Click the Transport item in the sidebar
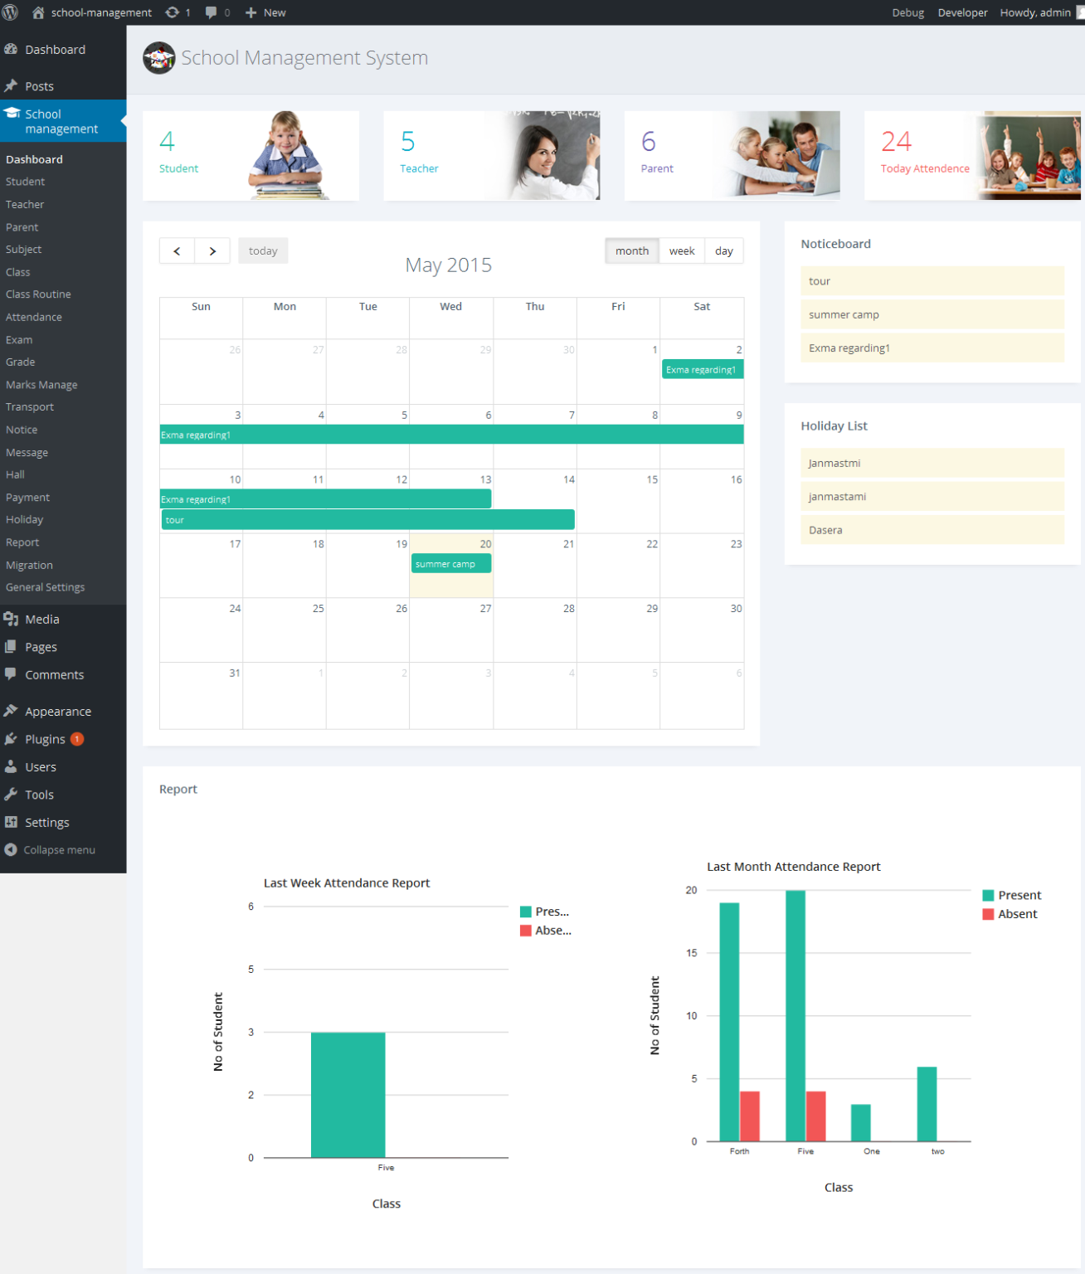tap(30, 407)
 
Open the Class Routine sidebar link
tap(38, 294)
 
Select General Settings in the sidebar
tap(45, 587)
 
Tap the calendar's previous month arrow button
tap(177, 251)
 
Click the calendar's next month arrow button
tap(213, 251)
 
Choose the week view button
tap(682, 251)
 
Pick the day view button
tap(724, 251)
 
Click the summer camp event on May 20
tap(451, 564)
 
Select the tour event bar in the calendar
tap(367, 520)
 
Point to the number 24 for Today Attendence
tap(897, 142)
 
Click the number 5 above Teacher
tap(407, 142)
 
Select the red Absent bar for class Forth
tap(750, 1116)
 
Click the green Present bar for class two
tap(927, 1104)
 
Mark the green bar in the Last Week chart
tap(348, 1095)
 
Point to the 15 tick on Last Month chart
tap(692, 953)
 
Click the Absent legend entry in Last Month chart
tap(1017, 914)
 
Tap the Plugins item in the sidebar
tap(45, 739)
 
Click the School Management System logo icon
tap(158, 58)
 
